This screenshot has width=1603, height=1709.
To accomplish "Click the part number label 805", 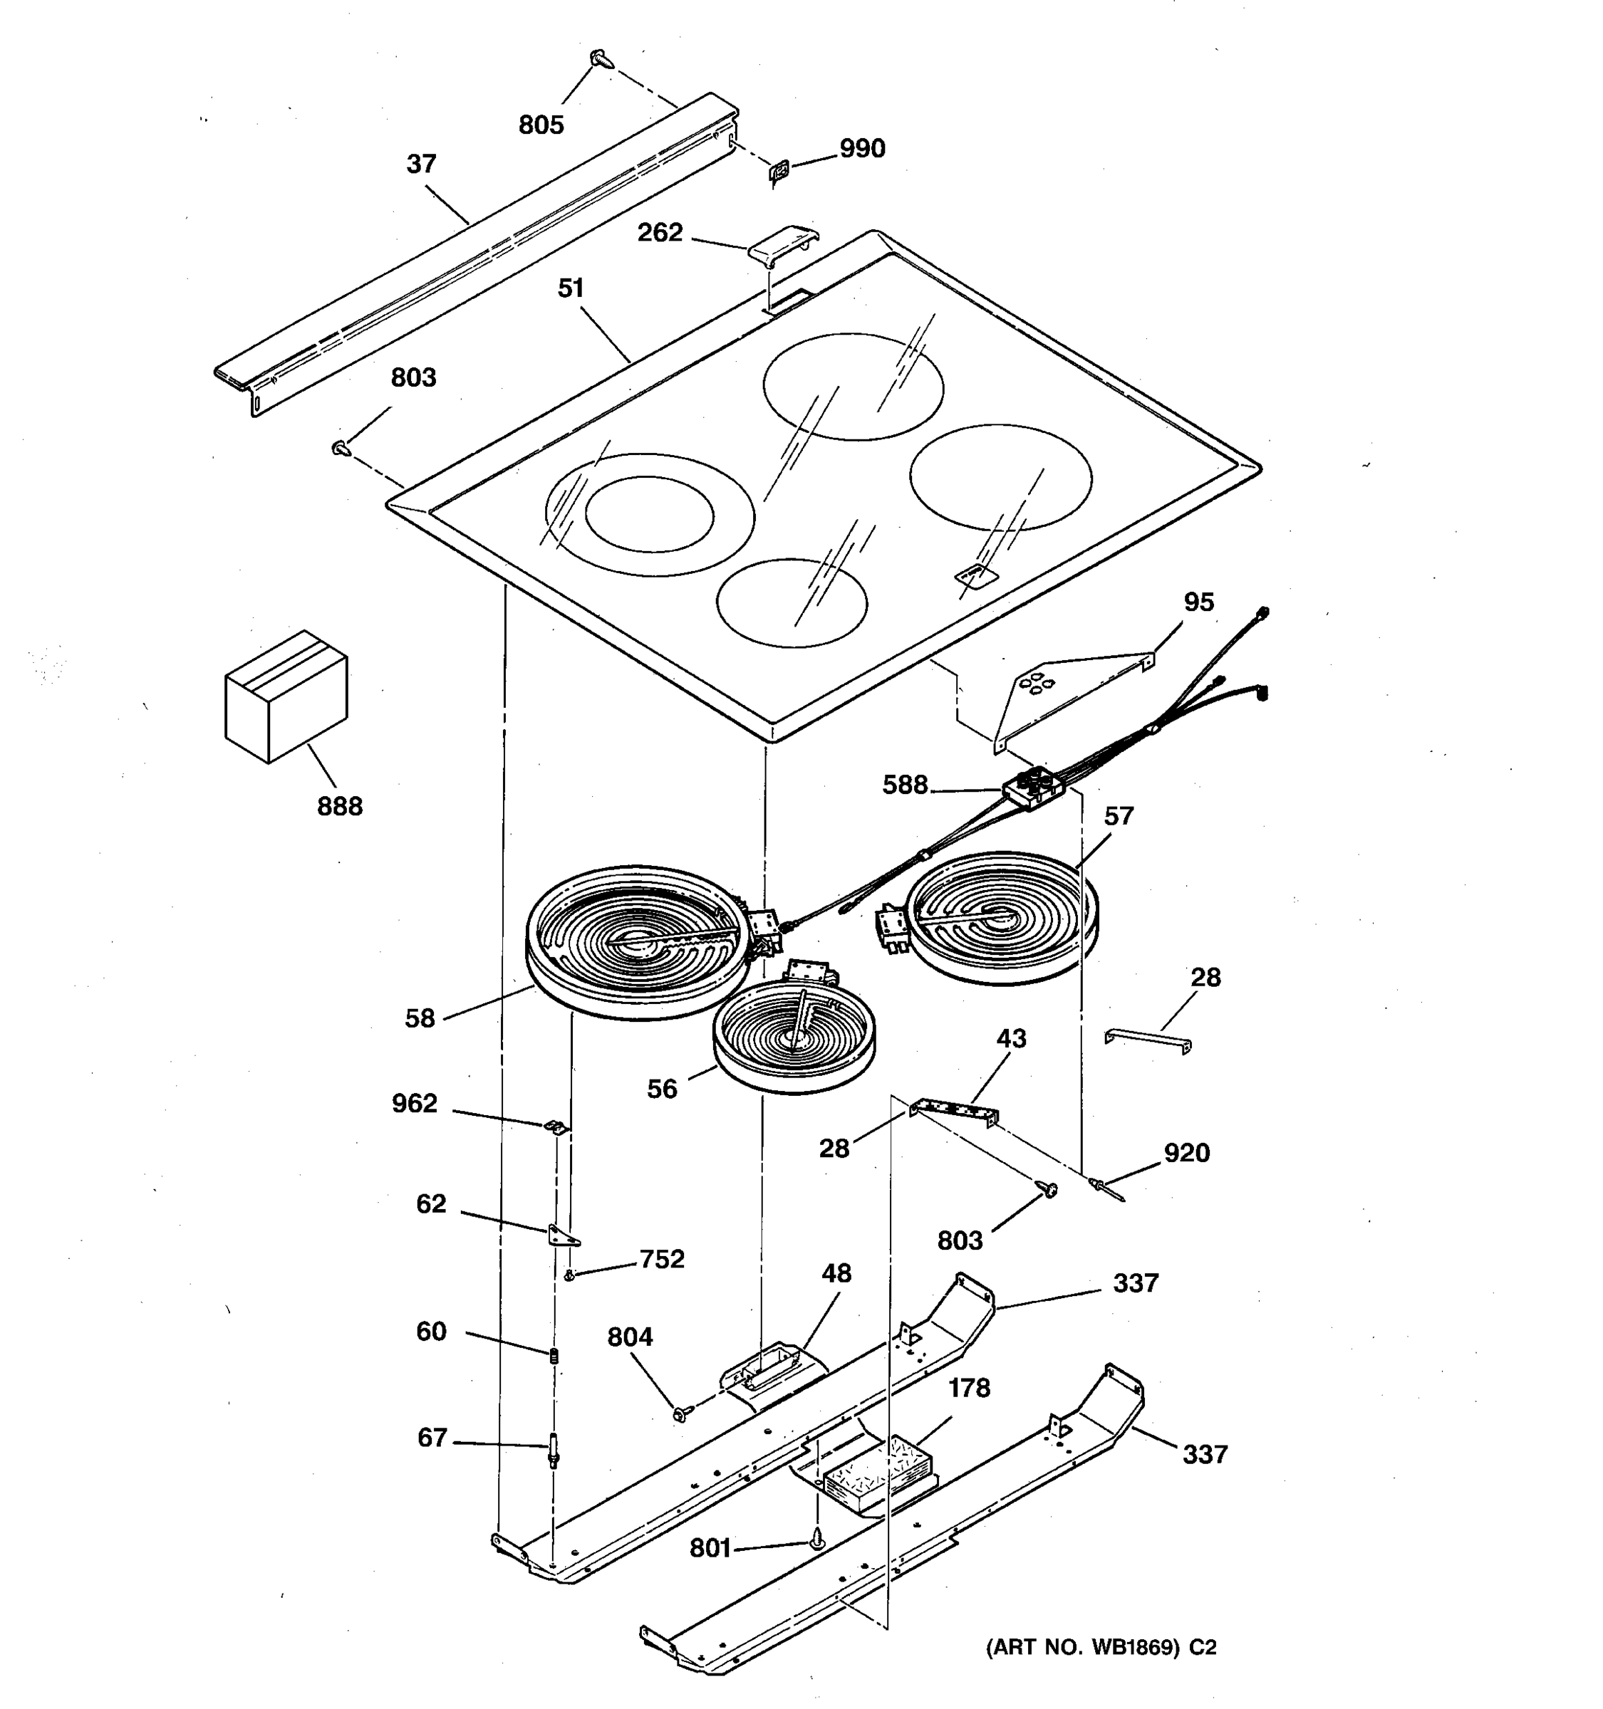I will [541, 125].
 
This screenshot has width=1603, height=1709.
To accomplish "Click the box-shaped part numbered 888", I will [286, 696].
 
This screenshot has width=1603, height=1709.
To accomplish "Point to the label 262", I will [660, 233].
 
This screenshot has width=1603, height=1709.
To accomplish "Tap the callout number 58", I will [420, 1019].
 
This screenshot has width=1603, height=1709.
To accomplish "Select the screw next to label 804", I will [681, 1413].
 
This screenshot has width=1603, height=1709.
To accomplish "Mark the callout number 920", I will [1187, 1153].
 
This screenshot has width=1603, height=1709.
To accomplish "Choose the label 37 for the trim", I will [421, 164].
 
